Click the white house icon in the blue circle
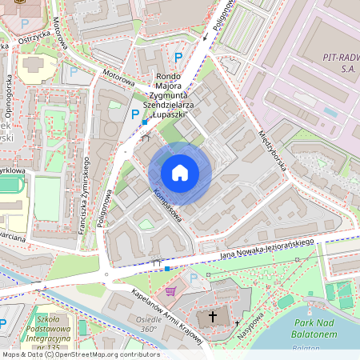tap(180, 173)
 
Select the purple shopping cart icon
tap(170, 291)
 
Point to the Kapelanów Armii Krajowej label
tap(169, 313)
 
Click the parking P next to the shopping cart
tap(194, 278)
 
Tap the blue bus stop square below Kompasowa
tap(166, 268)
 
